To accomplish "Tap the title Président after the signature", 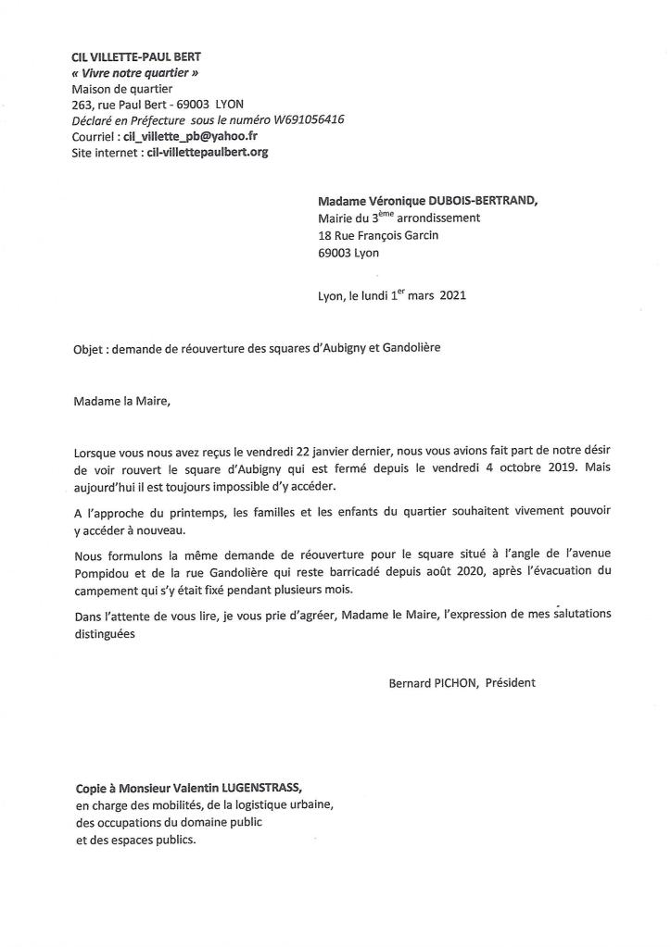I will [510, 683].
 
